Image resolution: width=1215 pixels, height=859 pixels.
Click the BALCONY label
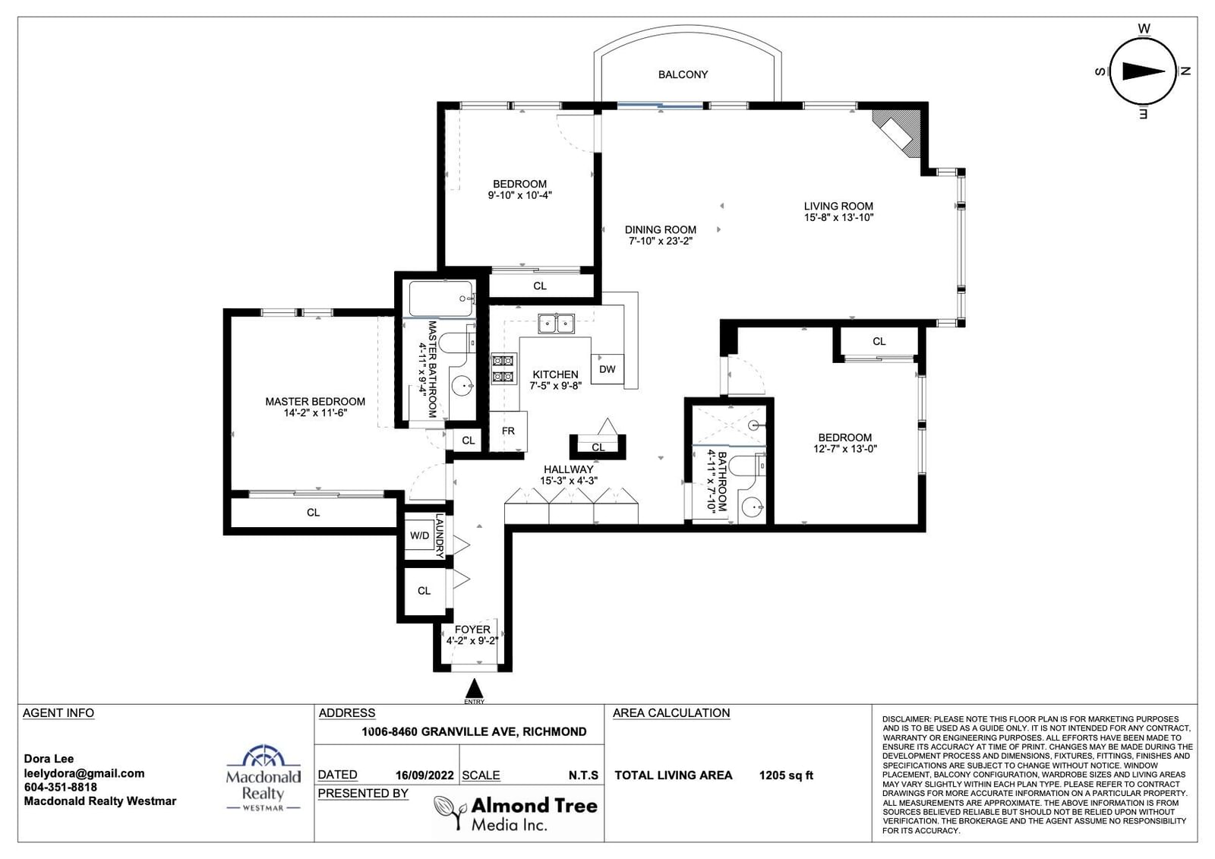click(x=683, y=74)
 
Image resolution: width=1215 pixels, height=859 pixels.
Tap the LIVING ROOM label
click(x=838, y=206)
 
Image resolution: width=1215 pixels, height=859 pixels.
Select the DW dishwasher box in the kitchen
click(x=607, y=369)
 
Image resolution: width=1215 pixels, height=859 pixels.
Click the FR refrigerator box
click(x=508, y=431)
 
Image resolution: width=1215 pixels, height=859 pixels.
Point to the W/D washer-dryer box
click(x=420, y=535)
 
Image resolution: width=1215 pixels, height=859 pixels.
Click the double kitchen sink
click(x=557, y=324)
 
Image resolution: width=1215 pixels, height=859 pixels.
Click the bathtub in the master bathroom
click(x=441, y=298)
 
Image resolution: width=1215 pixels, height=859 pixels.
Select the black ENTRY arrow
click(x=475, y=688)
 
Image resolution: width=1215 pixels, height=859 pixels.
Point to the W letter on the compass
click(x=1144, y=29)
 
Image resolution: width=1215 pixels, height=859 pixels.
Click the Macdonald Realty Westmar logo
click(x=263, y=778)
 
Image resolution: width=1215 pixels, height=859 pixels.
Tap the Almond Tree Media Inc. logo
click(x=516, y=813)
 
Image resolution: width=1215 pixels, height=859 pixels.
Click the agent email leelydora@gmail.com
click(x=84, y=774)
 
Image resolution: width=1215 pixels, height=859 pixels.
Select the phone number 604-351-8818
click(x=60, y=788)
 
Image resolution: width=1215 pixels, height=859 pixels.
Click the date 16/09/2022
click(x=424, y=775)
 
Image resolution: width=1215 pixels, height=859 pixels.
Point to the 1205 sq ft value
click(x=786, y=775)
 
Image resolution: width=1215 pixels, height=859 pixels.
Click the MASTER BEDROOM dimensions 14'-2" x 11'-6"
click(x=315, y=413)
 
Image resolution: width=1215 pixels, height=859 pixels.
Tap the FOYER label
click(x=472, y=630)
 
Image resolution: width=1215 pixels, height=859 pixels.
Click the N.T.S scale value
click(x=583, y=775)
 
